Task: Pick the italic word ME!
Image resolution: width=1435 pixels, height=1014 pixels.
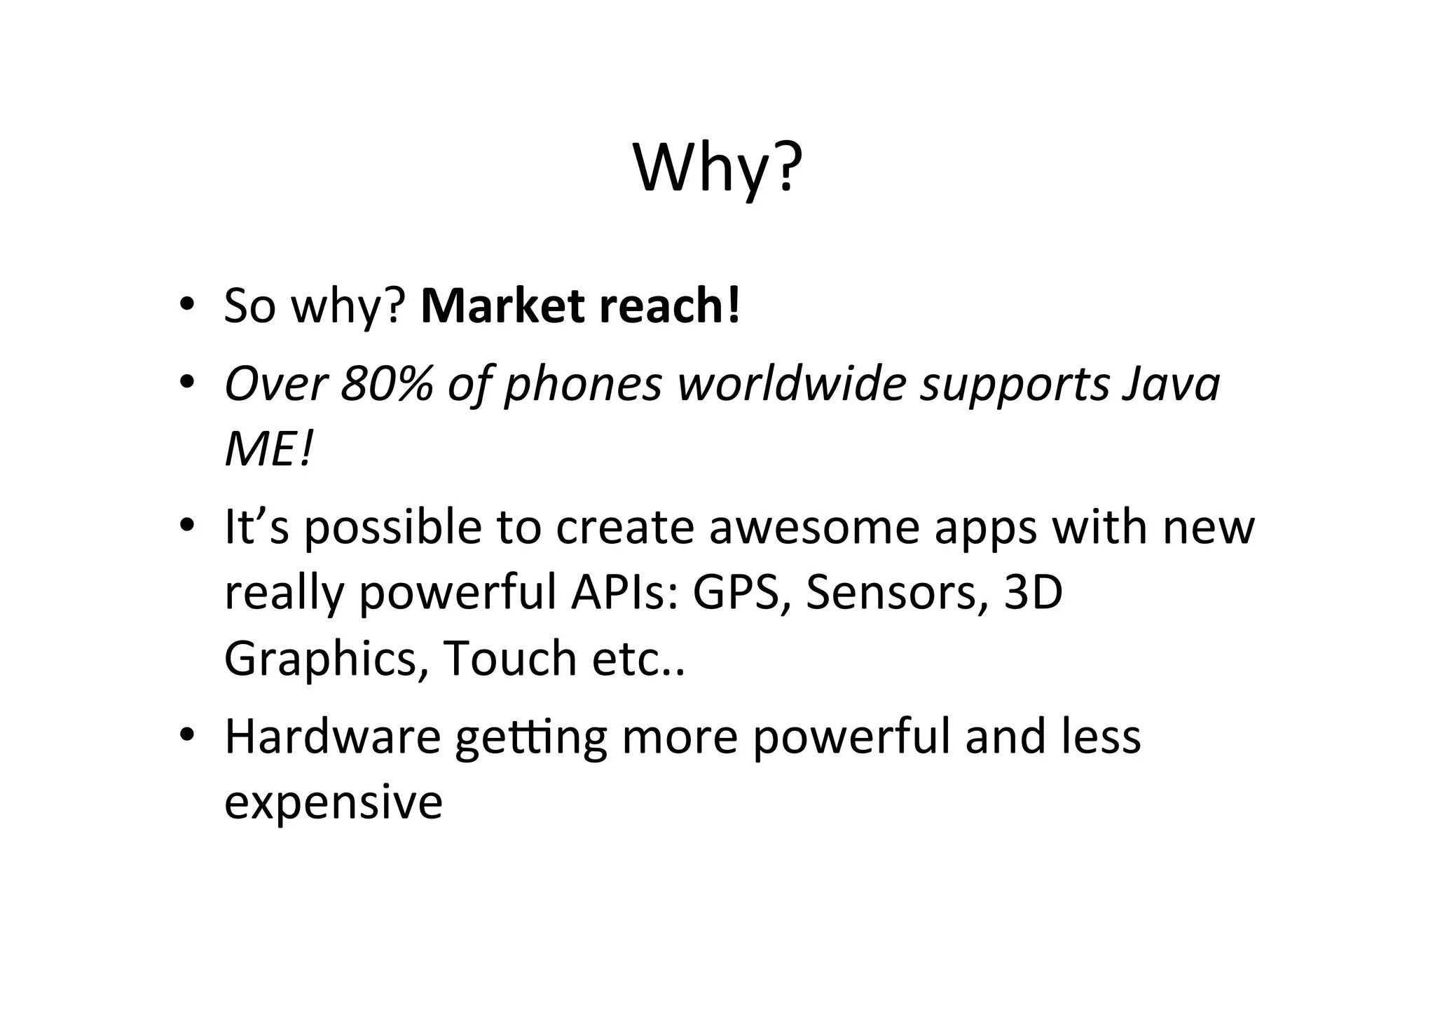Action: point(268,449)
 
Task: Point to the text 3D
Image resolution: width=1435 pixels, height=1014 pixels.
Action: point(1034,592)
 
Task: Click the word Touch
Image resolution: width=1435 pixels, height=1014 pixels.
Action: point(509,659)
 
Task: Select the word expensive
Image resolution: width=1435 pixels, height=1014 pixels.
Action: point(334,802)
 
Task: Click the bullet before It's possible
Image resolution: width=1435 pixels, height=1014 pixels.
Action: point(186,526)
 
